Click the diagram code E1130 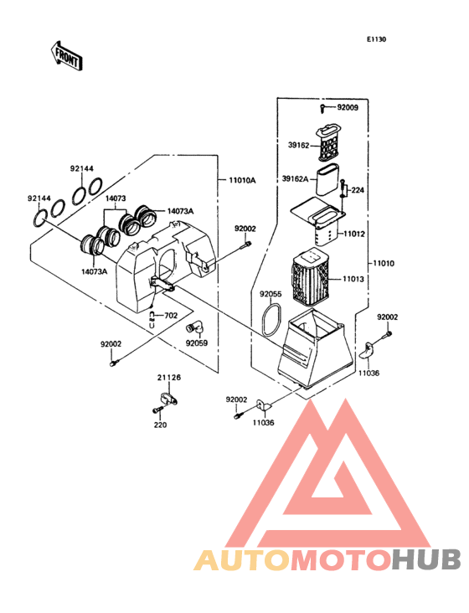376,39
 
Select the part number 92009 348,107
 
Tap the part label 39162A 295,179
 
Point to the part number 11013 353,279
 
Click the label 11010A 242,181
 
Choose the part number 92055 271,294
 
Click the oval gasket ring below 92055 271,319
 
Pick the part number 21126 169,378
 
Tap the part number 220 160,425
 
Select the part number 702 171,316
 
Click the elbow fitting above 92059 194,328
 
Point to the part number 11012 354,234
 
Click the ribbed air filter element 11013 310,278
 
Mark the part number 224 358,190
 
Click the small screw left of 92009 322,108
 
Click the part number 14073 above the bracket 116,198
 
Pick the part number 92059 197,343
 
